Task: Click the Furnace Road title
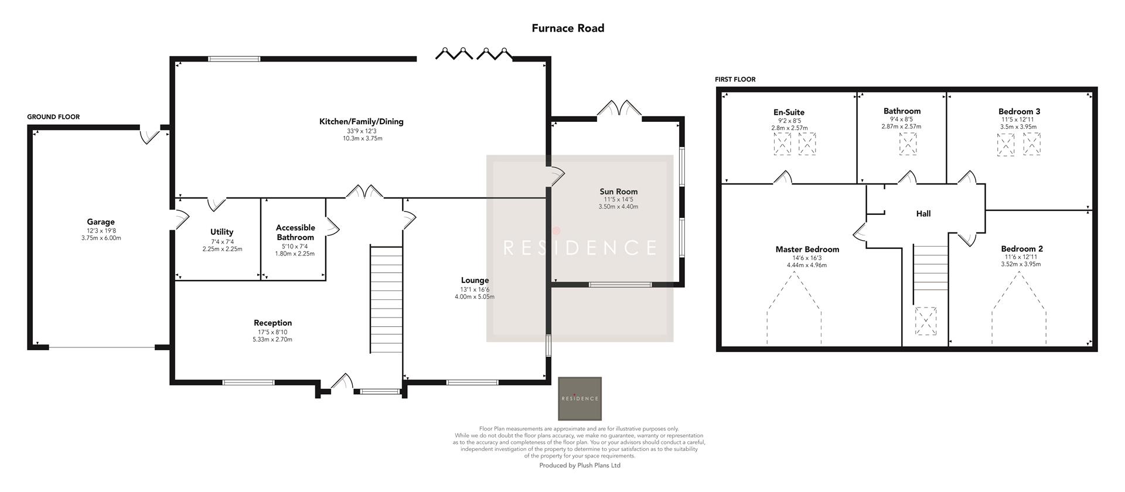pyautogui.click(x=568, y=28)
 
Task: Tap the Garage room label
pyautogui.click(x=101, y=222)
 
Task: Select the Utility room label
pyautogui.click(x=221, y=232)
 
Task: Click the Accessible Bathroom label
pyautogui.click(x=295, y=233)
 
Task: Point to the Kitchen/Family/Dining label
pyautogui.click(x=361, y=122)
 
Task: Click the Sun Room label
pyautogui.click(x=618, y=192)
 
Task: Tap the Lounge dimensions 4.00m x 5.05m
pyautogui.click(x=475, y=297)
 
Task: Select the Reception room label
pyautogui.click(x=272, y=323)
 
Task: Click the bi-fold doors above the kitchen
pyautogui.click(x=473, y=54)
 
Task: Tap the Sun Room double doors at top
pyautogui.click(x=619, y=110)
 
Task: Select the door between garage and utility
pyautogui.click(x=180, y=220)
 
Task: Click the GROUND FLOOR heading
pyautogui.click(x=53, y=117)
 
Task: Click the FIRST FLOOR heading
pyautogui.click(x=735, y=80)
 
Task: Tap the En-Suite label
pyautogui.click(x=789, y=112)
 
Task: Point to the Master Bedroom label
pyautogui.click(x=807, y=250)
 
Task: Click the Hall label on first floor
pyautogui.click(x=923, y=214)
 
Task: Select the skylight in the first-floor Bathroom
pyautogui.click(x=908, y=144)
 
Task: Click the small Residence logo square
pyautogui.click(x=579, y=398)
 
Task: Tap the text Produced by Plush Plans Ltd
pyautogui.click(x=579, y=466)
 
